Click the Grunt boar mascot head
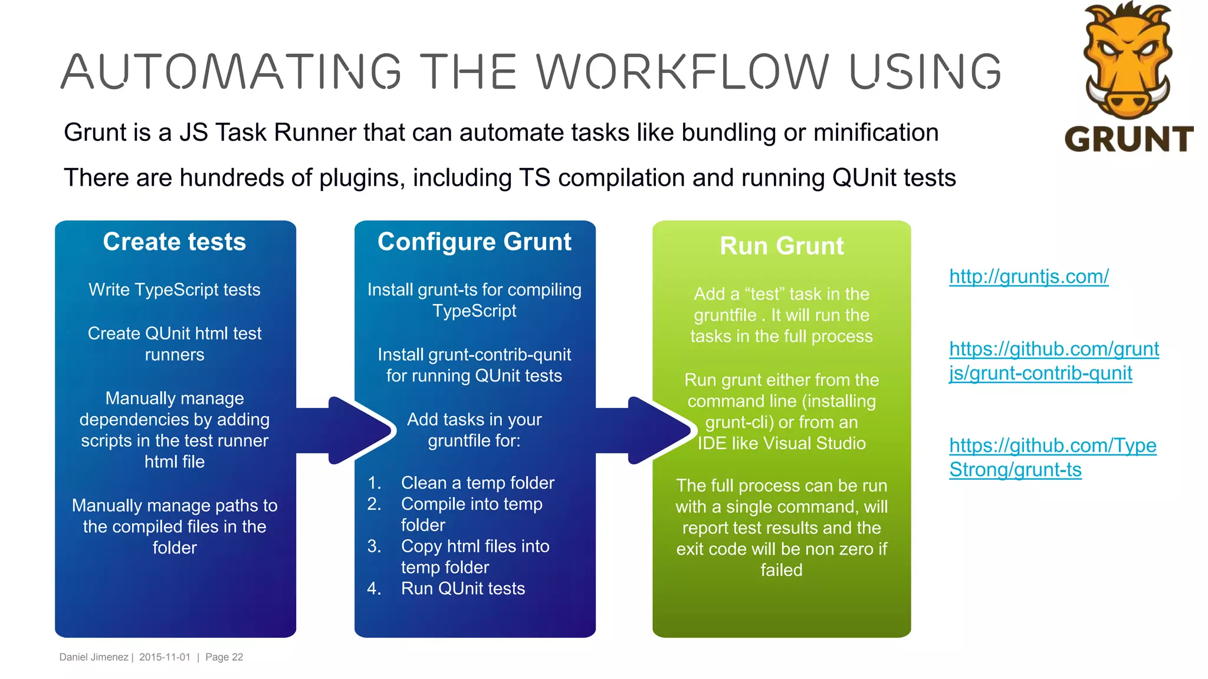coord(1127,59)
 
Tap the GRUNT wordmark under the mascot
coord(1128,140)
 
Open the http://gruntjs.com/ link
coord(1029,276)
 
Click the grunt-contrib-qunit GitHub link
coord(1053,361)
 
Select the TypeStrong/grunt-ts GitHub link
coord(1052,457)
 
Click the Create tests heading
coord(175,242)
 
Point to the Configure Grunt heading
coord(474,242)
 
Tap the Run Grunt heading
coord(782,246)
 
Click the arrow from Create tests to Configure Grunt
coord(348,430)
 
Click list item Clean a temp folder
coord(477,483)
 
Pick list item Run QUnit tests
coord(462,588)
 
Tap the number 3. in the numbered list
coord(374,546)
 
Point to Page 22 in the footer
coord(224,657)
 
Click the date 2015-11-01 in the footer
coord(165,657)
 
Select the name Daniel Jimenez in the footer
coord(93,657)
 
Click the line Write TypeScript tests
coord(175,290)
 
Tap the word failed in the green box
coord(781,570)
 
